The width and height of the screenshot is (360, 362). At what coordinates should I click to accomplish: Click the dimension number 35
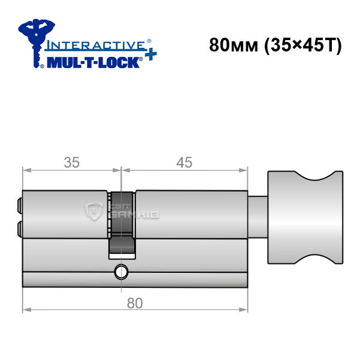pos(72,162)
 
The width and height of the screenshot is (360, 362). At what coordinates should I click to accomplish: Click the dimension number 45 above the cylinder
pos(184,162)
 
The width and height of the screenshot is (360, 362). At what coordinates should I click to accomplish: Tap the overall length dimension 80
pos(135,303)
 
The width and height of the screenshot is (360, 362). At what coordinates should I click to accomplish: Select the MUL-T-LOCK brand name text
pos(93,63)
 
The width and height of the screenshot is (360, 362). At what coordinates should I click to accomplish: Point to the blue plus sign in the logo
pos(151,54)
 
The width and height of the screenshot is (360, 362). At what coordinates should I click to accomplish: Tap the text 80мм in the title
pos(234,45)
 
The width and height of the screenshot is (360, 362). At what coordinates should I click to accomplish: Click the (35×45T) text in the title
pos(302,45)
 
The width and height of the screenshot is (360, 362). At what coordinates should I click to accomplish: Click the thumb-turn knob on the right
pos(305,217)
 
